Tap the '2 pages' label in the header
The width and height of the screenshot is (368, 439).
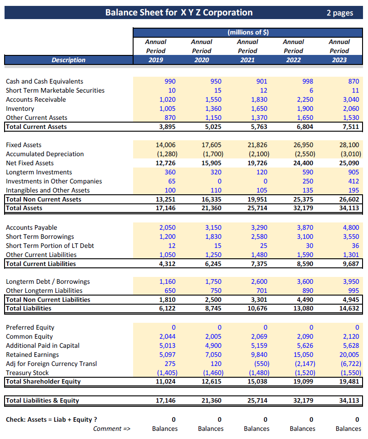coord(339,13)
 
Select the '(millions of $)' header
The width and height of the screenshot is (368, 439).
coord(248,32)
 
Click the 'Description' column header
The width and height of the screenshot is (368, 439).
coord(68,60)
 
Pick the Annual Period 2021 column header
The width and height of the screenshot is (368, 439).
coord(248,51)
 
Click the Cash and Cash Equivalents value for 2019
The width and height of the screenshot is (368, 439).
coord(169,81)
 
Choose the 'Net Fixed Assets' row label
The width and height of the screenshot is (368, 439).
coord(30,163)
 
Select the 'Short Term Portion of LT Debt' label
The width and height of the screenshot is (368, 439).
coord(50,246)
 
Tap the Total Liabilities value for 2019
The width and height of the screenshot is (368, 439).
coord(168,308)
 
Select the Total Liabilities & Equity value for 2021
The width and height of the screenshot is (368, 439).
coord(258,400)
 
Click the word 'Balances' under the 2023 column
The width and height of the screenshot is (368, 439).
coord(348,429)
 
